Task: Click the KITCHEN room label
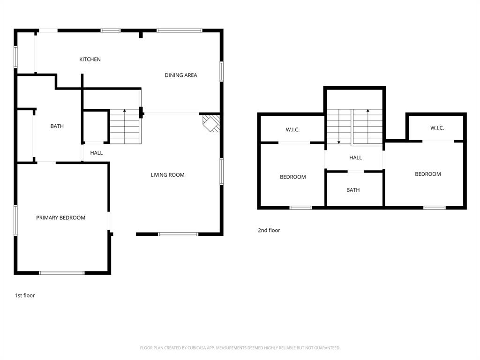point(90,60)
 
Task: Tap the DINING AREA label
point(180,75)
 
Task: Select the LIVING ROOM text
point(167,175)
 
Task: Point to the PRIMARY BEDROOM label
point(61,217)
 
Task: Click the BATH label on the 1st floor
point(57,126)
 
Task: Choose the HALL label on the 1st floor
point(97,153)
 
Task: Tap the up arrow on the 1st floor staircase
point(125,112)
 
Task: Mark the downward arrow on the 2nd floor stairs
point(339,141)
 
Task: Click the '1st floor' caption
point(25,296)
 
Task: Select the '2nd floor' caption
point(269,230)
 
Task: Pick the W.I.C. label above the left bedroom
point(292,129)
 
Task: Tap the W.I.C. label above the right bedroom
point(437,128)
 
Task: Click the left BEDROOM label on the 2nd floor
point(292,177)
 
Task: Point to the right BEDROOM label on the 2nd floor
point(427,174)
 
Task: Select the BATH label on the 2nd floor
point(353,190)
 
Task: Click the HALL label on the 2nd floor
point(355,157)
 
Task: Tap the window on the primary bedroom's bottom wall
point(61,272)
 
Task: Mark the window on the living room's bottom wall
point(178,234)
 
